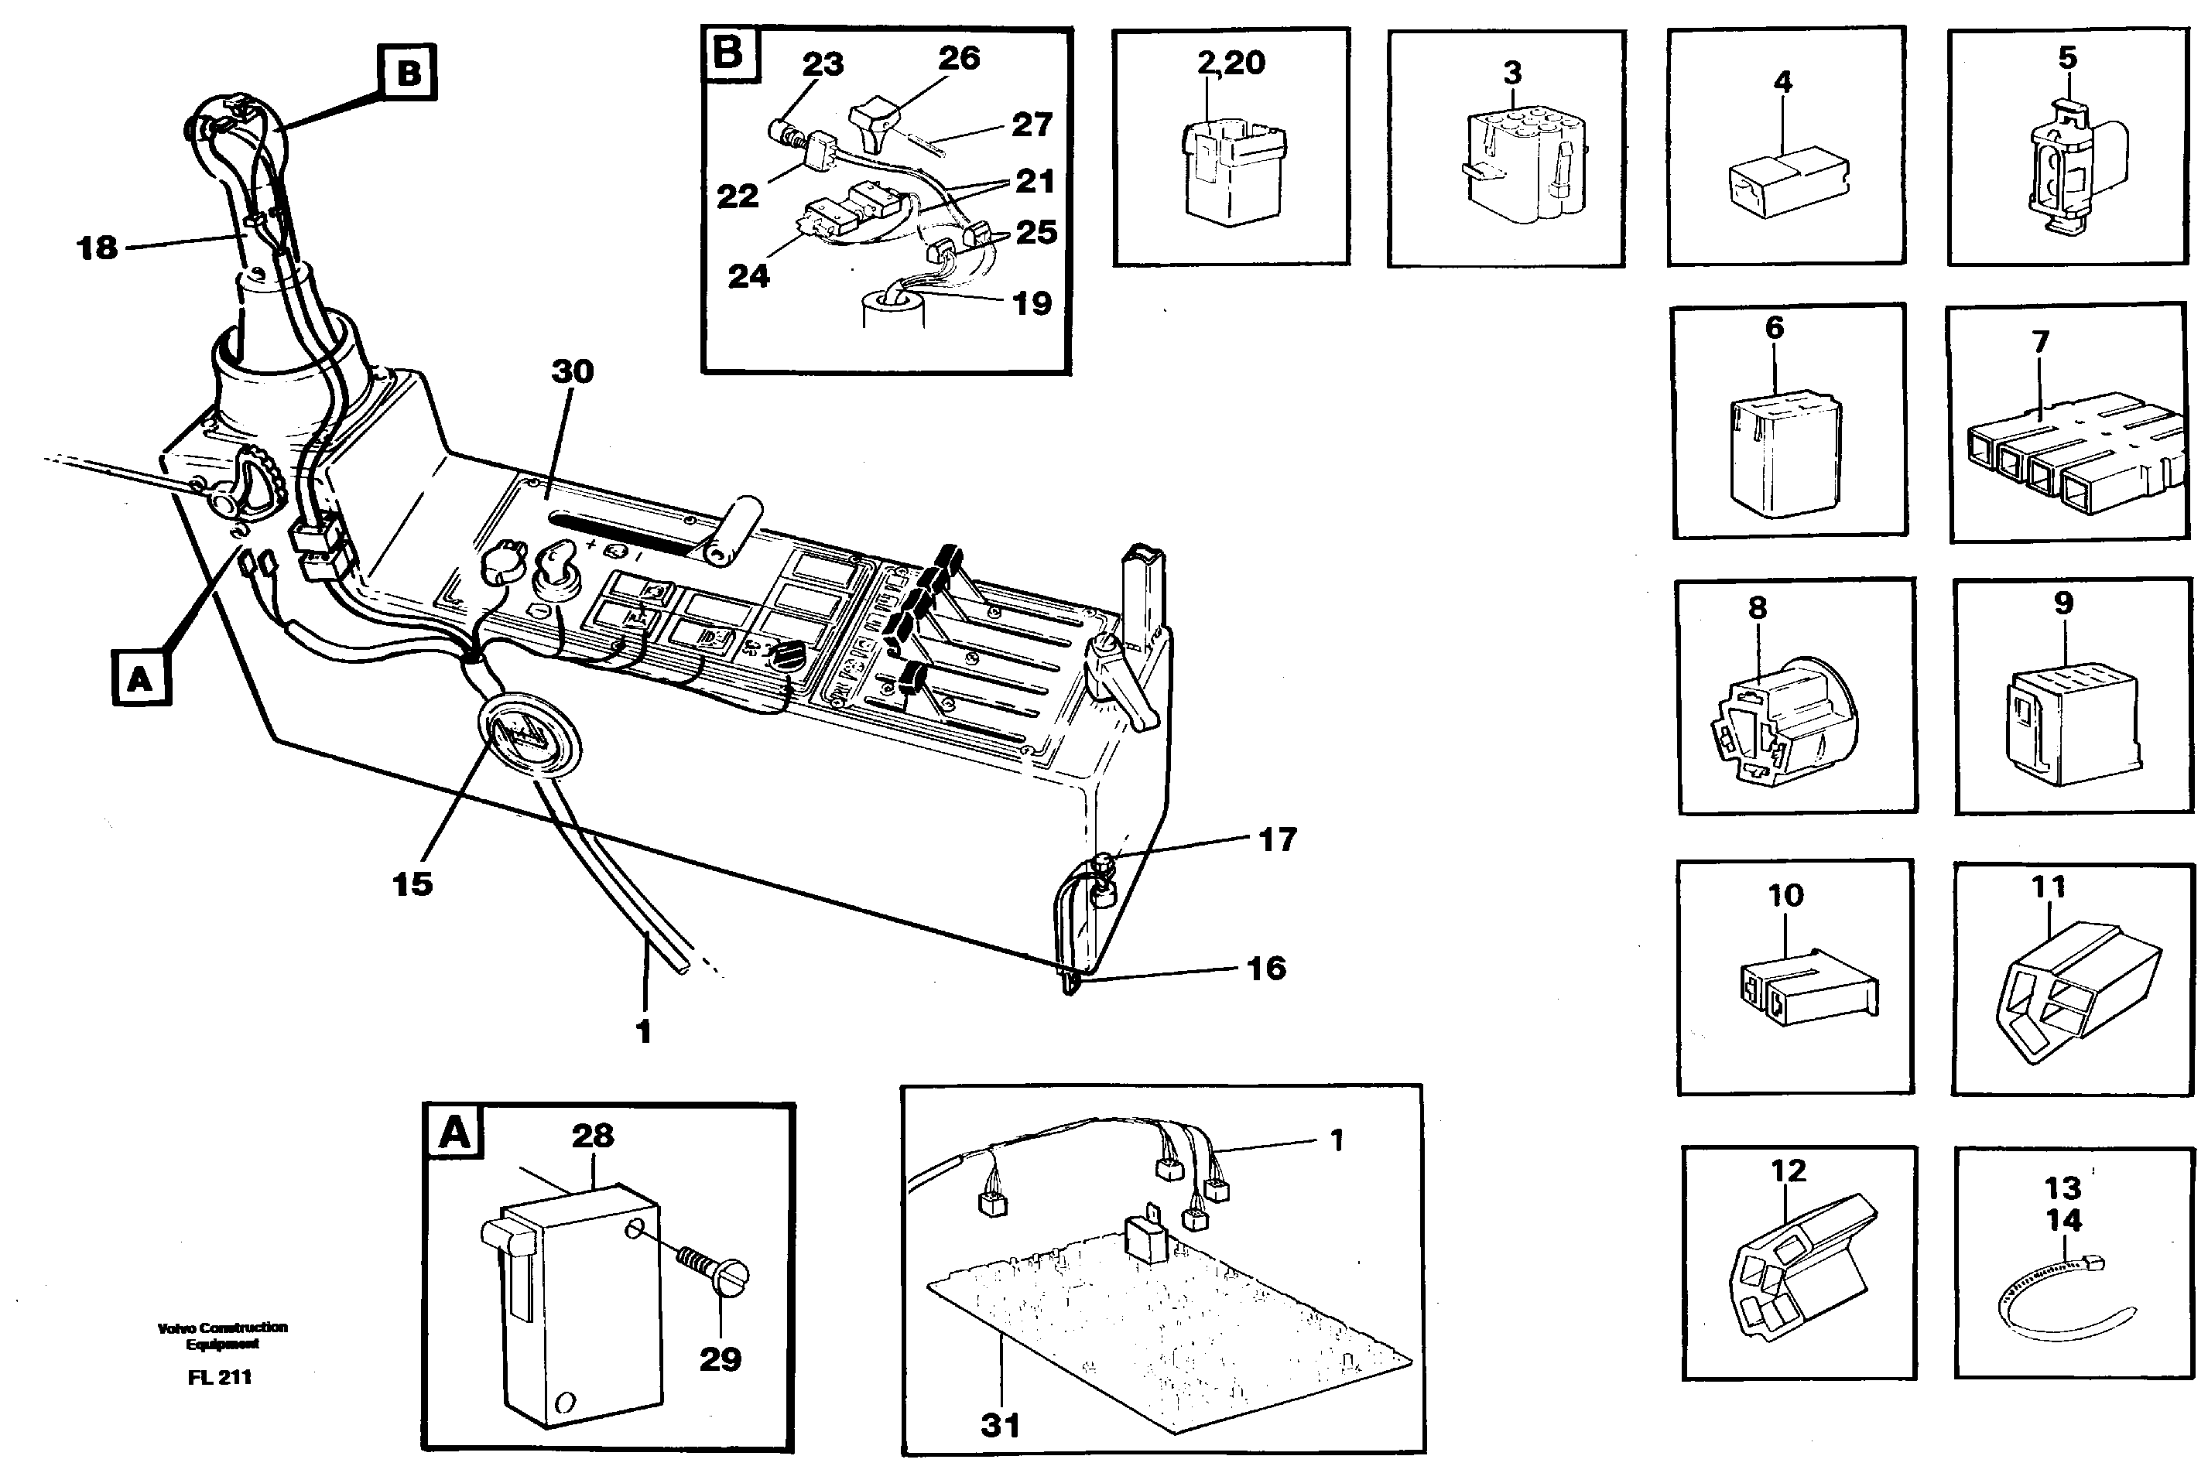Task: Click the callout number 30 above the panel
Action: pos(571,372)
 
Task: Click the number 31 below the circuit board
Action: pos(1000,1425)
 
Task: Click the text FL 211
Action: pos(219,1377)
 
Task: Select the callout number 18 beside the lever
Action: pos(97,248)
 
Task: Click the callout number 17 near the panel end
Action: pos(1277,839)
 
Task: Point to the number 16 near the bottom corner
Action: pos(1265,968)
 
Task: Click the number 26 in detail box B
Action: pos(958,58)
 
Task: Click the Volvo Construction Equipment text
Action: pos(222,1335)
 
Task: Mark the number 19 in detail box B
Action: pos(1031,303)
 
